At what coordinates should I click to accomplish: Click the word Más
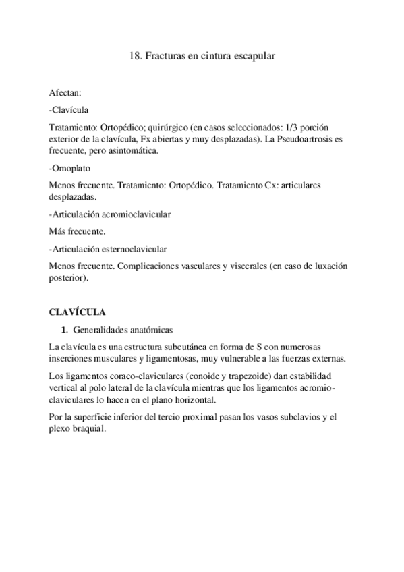[x=58, y=231]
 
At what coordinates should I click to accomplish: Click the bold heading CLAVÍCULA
[x=78, y=313]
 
